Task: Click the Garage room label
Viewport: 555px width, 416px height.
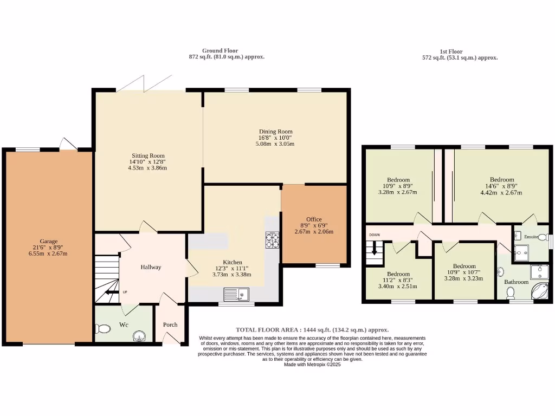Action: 48,241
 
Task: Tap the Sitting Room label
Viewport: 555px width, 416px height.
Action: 148,155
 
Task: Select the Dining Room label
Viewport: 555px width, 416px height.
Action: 276,132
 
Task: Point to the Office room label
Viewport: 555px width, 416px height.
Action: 314,219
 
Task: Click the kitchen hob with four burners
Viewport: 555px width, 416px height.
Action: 272,240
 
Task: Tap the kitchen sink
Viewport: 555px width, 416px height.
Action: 236,294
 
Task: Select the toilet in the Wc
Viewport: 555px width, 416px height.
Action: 102,329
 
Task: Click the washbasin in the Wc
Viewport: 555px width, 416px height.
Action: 140,336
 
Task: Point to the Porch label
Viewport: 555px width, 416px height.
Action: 170,325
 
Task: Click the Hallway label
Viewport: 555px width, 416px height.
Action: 151,267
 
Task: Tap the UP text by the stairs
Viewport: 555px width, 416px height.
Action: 125,292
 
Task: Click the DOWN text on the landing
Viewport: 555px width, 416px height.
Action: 375,235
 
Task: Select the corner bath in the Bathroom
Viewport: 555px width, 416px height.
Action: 540,290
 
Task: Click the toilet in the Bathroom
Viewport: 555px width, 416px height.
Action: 511,293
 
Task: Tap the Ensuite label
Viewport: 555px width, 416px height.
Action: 531,237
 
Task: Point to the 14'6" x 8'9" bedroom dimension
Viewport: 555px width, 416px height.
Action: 501,186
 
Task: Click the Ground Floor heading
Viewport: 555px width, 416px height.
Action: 220,50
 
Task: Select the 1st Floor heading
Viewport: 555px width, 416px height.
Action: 451,51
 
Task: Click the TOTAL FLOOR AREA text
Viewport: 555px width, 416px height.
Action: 267,330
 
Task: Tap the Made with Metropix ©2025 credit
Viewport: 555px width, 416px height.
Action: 312,365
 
